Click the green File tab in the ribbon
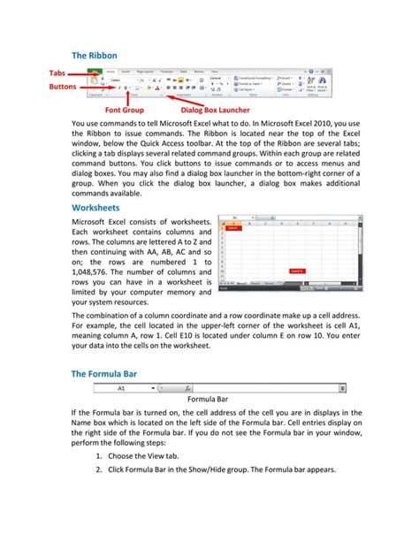[93, 72]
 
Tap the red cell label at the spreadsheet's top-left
[233, 227]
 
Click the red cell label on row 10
[297, 271]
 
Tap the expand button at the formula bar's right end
[342, 388]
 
